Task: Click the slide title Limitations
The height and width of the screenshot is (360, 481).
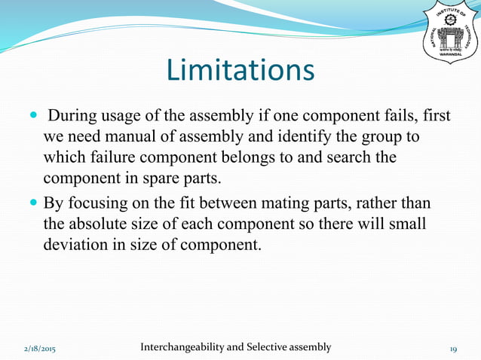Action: pyautogui.click(x=240, y=71)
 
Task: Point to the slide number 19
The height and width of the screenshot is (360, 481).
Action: pyautogui.click(x=454, y=349)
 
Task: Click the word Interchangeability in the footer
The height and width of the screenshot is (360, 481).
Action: pyautogui.click(x=182, y=347)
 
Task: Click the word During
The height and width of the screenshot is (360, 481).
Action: pyautogui.click(x=73, y=119)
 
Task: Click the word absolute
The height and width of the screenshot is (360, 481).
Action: pyautogui.click(x=106, y=224)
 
